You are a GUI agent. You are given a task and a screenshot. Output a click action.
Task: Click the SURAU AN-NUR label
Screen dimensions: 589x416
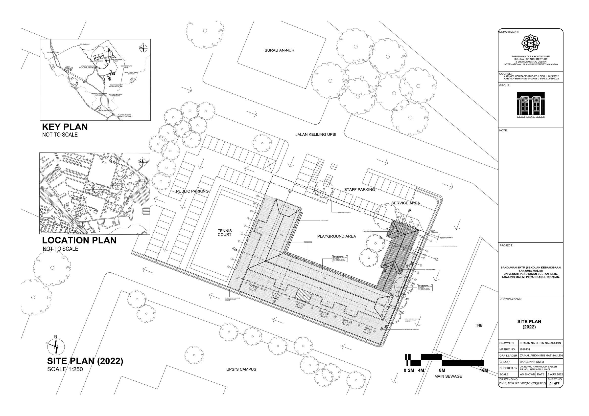pyautogui.click(x=279, y=50)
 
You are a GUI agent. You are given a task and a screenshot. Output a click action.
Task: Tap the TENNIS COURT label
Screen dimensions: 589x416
pyautogui.click(x=224, y=233)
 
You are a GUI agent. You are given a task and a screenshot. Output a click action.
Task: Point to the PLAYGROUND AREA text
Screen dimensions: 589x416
pyautogui.click(x=336, y=236)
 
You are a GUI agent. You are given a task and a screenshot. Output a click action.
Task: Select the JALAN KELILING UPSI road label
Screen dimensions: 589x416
pyautogui.click(x=316, y=134)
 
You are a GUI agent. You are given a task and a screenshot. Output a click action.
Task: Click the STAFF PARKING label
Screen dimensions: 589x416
pyautogui.click(x=359, y=190)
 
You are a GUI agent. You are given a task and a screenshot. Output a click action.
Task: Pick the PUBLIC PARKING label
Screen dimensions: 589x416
pyautogui.click(x=192, y=191)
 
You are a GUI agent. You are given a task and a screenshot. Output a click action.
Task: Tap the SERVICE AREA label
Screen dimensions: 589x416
pyautogui.click(x=406, y=203)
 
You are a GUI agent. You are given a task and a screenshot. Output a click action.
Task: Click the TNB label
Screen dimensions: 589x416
pyautogui.click(x=478, y=325)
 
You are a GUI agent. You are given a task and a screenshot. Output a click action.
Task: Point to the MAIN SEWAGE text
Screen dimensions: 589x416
pyautogui.click(x=448, y=376)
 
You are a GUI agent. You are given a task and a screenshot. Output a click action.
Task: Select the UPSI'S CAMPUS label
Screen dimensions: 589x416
pyautogui.click(x=241, y=369)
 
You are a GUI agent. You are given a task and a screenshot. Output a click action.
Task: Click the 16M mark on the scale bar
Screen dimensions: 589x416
pyautogui.click(x=484, y=370)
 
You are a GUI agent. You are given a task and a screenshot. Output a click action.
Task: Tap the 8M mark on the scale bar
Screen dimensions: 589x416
pyautogui.click(x=442, y=370)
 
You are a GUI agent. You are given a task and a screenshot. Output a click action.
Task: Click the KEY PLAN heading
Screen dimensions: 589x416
pyautogui.click(x=65, y=127)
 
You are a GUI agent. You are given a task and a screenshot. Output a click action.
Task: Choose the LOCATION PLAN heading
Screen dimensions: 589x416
pyautogui.click(x=79, y=241)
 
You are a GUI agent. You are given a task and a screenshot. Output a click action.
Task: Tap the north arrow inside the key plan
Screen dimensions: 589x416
pyautogui.click(x=143, y=48)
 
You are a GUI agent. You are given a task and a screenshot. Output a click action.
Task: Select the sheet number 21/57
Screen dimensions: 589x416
pyautogui.click(x=554, y=384)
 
